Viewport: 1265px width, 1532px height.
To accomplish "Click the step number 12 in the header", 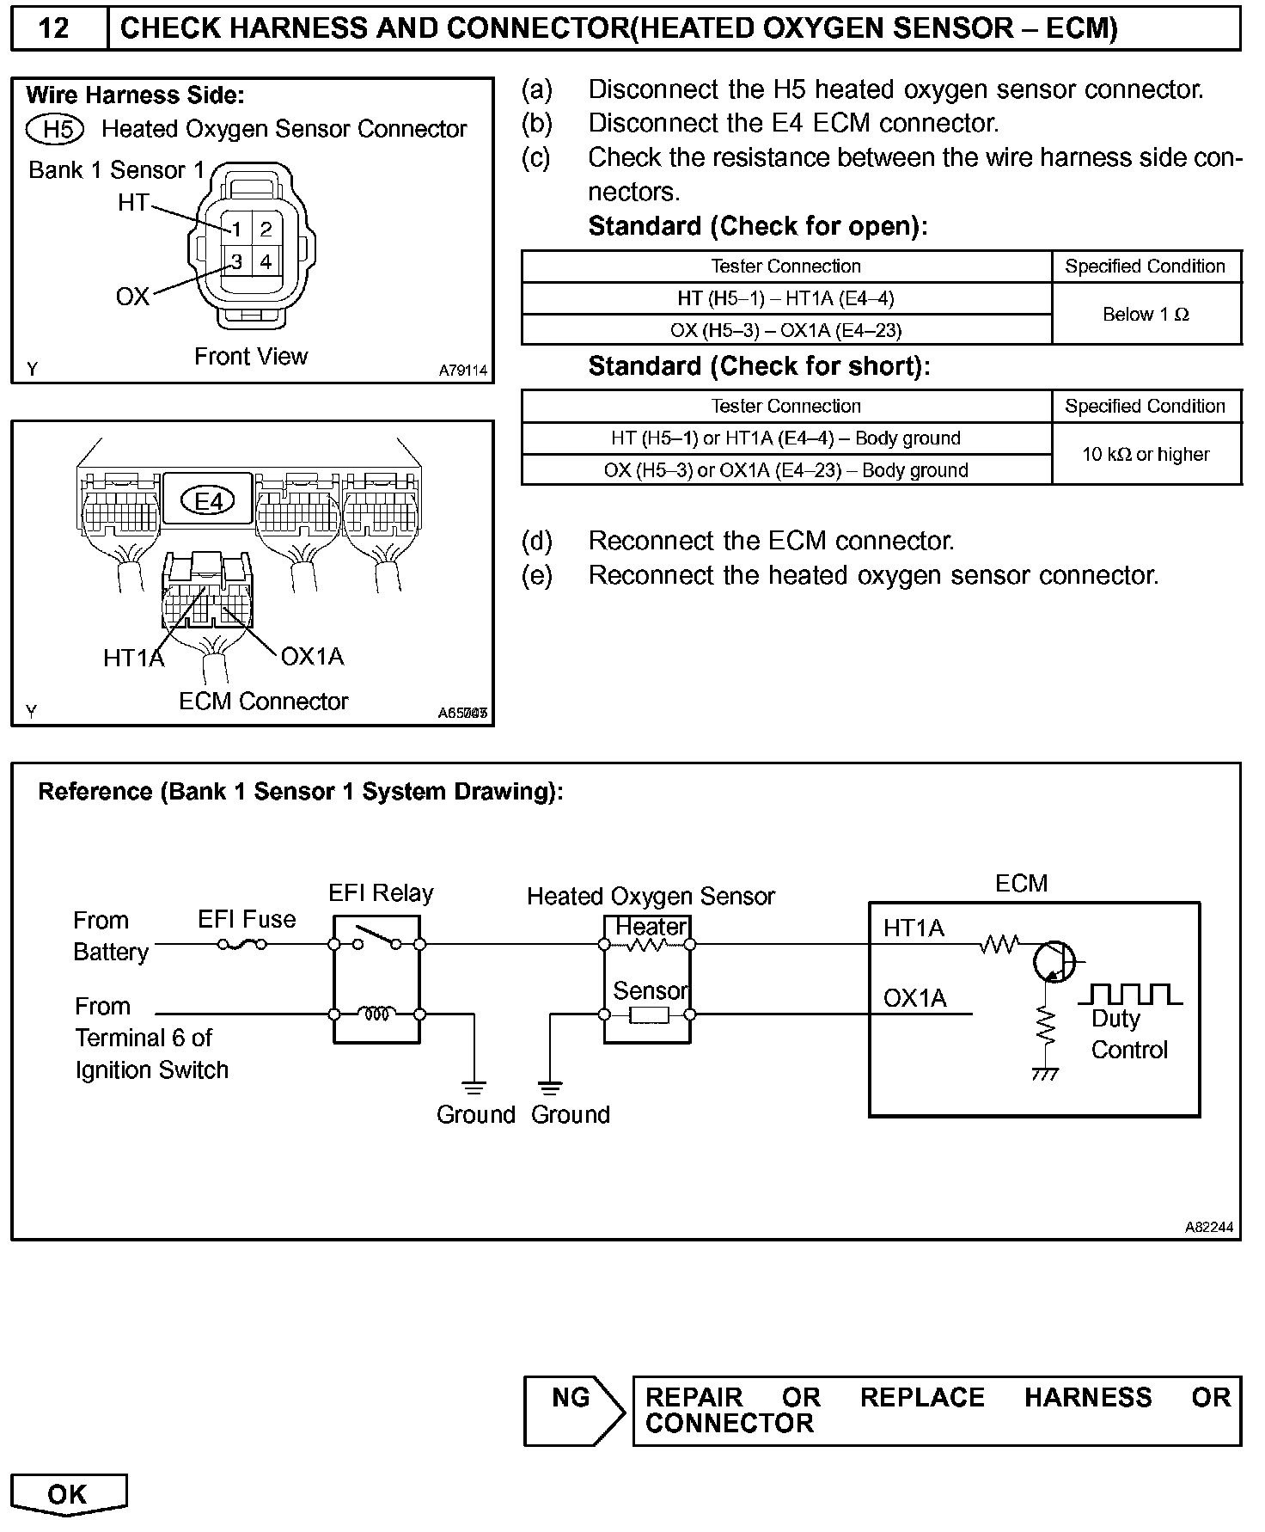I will tap(53, 28).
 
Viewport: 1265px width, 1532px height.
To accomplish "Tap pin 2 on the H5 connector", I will tap(266, 229).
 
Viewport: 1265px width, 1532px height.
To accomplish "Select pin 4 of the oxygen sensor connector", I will tap(266, 261).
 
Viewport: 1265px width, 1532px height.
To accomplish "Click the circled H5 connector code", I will tap(55, 129).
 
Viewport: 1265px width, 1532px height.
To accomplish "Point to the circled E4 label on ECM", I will tap(208, 500).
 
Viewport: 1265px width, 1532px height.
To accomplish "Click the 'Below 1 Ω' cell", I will tap(1146, 315).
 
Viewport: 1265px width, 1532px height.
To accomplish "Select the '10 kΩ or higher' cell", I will tap(1146, 454).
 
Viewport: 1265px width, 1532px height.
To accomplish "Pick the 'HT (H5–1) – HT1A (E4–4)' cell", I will tap(785, 298).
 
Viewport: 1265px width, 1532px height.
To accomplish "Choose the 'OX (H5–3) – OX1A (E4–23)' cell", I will tap(785, 330).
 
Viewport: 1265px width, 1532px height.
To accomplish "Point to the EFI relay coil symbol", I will tap(376, 1014).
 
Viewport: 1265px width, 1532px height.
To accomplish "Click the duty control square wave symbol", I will tap(1129, 995).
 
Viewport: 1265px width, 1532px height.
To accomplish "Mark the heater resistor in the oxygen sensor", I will tap(646, 945).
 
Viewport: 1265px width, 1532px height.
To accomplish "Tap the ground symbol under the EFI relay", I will tap(474, 1087).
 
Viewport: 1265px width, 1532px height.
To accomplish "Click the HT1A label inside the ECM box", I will tap(913, 928).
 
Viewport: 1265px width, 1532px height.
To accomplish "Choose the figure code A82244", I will tap(1208, 1228).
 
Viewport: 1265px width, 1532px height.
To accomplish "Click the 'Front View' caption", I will tap(250, 356).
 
